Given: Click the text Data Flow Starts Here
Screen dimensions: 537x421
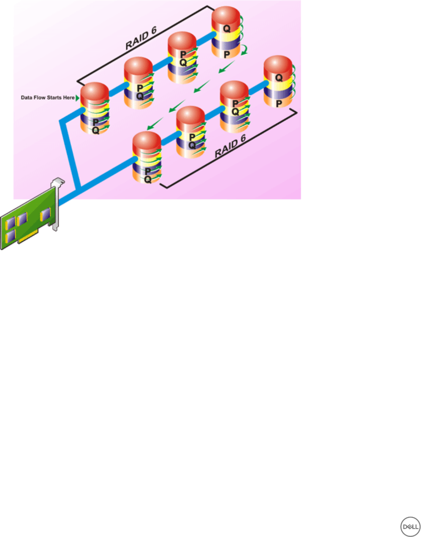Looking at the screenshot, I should click(48, 98).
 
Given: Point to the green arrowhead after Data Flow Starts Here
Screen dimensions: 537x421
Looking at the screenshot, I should click(77, 98).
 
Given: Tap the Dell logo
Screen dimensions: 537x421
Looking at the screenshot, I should click(409, 527).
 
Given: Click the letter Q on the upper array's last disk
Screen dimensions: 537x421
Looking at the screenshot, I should click(227, 29).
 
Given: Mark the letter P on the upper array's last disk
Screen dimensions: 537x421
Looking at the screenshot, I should click(227, 55).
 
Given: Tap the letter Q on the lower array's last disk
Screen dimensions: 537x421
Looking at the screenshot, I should click(279, 78).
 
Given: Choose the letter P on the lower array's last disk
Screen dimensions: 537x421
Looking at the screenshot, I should click(279, 103).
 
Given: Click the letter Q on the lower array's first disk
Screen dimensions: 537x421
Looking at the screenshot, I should click(148, 180).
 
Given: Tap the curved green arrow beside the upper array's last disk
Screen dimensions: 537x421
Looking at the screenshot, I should click(244, 52).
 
